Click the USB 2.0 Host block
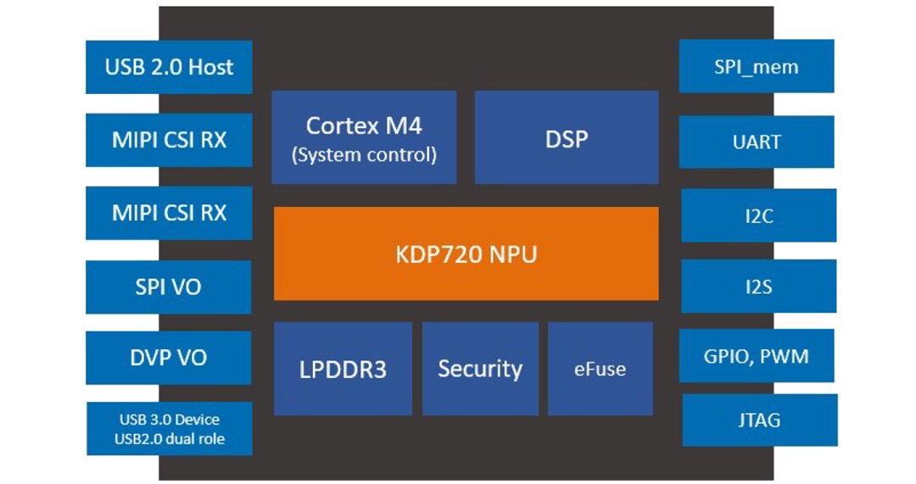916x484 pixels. click(x=169, y=67)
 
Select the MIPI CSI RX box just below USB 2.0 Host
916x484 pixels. click(x=169, y=140)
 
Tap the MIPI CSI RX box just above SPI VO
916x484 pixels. click(x=169, y=213)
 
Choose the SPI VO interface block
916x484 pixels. click(x=169, y=287)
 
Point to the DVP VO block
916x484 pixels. click(x=169, y=358)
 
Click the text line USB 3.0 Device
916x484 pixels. click(x=170, y=420)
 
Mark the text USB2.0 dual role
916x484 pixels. click(x=170, y=438)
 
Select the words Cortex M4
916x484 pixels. click(x=364, y=125)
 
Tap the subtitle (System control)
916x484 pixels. click(x=364, y=155)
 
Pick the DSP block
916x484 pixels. click(x=566, y=138)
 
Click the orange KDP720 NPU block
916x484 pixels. click(x=466, y=253)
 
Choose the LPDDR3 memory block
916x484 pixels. click(x=343, y=370)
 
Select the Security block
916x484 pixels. click(x=480, y=369)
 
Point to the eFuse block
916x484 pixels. click(x=600, y=369)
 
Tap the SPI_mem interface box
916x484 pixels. click(x=756, y=66)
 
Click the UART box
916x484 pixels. click(x=756, y=142)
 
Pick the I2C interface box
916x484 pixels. click(x=758, y=216)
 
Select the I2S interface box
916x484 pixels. click(x=758, y=287)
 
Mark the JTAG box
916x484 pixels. click(x=759, y=420)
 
